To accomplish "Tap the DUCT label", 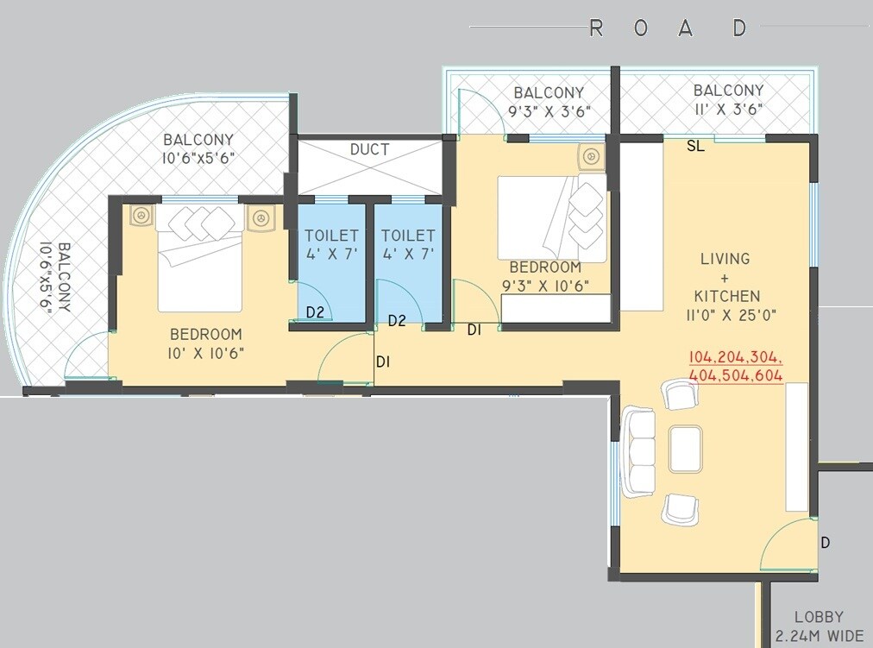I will pos(369,150).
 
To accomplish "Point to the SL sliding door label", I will pos(695,147).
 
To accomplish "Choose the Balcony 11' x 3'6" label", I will pos(728,99).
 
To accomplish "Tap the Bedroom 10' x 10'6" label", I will pos(205,343).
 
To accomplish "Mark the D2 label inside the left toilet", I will pos(315,312).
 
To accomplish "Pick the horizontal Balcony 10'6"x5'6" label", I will pos(198,148).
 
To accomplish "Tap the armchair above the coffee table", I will pos(678,395).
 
